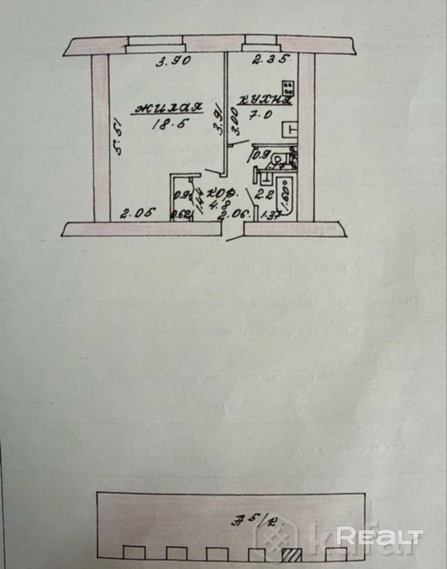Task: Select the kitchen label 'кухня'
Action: [266, 100]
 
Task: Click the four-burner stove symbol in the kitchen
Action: [289, 87]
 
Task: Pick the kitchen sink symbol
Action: [290, 129]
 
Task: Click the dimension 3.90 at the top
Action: [173, 61]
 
